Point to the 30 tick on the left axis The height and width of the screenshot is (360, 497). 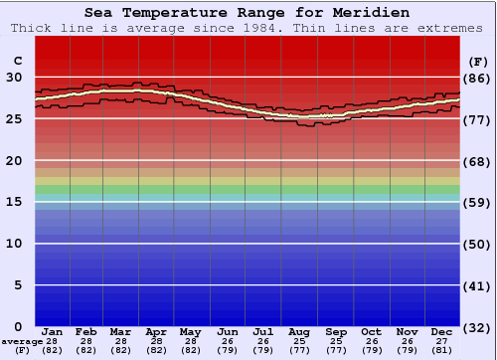pos(14,77)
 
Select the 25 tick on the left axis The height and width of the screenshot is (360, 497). pos(14,118)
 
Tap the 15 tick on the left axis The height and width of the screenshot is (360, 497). pos(14,202)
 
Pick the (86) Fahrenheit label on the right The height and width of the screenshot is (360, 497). pos(477,78)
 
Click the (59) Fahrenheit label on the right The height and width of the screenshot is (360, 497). pos(477,203)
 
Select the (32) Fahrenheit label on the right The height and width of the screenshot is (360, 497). pos(477,328)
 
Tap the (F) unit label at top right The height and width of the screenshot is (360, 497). pos(477,60)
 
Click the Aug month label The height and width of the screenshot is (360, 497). pos(298,331)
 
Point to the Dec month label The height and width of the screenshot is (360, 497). pos(442,331)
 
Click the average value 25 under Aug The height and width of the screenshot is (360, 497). pos(298,341)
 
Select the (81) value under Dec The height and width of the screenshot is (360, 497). pos(442,350)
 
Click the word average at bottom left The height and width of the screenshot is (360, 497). pos(22,341)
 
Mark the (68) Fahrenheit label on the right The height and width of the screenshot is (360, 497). pos(477,161)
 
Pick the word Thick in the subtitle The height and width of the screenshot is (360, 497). pos(32,28)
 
